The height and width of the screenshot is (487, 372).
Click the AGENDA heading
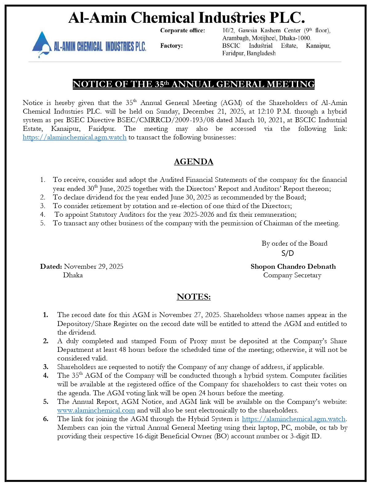tap(193, 162)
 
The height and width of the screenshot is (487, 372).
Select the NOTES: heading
tap(193, 297)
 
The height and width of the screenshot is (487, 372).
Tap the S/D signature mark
tap(288, 253)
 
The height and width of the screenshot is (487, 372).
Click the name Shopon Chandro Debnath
tap(293, 267)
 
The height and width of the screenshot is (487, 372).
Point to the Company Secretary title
tap(292, 275)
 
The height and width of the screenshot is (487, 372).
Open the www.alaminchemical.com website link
tap(96, 410)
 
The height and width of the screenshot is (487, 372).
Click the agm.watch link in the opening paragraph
tap(75, 137)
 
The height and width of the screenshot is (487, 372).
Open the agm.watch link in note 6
tap(293, 419)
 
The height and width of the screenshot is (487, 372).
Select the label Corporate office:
tap(183, 30)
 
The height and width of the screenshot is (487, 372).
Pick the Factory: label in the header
tap(172, 46)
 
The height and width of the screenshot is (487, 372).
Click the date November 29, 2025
tap(94, 267)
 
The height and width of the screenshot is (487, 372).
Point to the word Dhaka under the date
tap(73, 275)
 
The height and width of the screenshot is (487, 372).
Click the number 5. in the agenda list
tap(43, 223)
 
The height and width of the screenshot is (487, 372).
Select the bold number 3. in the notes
tap(46, 367)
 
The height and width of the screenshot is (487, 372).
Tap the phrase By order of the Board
tap(294, 244)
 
